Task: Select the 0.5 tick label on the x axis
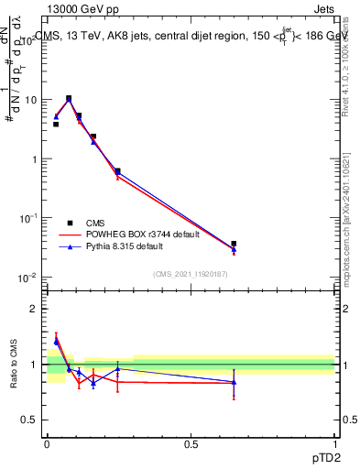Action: click(191, 444)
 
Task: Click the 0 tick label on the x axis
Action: click(47, 444)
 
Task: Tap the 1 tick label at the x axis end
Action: click(334, 444)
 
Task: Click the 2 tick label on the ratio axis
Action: click(35, 309)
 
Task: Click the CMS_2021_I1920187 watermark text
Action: click(191, 273)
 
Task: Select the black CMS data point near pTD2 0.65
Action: click(234, 244)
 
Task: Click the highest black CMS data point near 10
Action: click(69, 98)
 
